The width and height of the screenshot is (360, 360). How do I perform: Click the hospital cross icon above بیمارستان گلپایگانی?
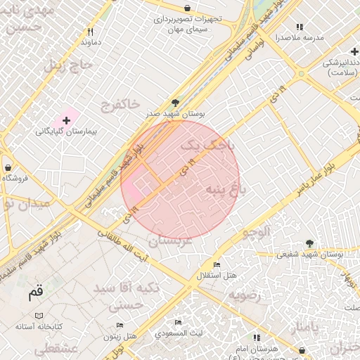(67, 121)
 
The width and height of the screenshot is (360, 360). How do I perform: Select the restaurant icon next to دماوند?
(90, 32)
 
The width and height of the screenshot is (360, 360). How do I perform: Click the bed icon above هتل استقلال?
(217, 264)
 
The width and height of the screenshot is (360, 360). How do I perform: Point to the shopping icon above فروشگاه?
(8, 168)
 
